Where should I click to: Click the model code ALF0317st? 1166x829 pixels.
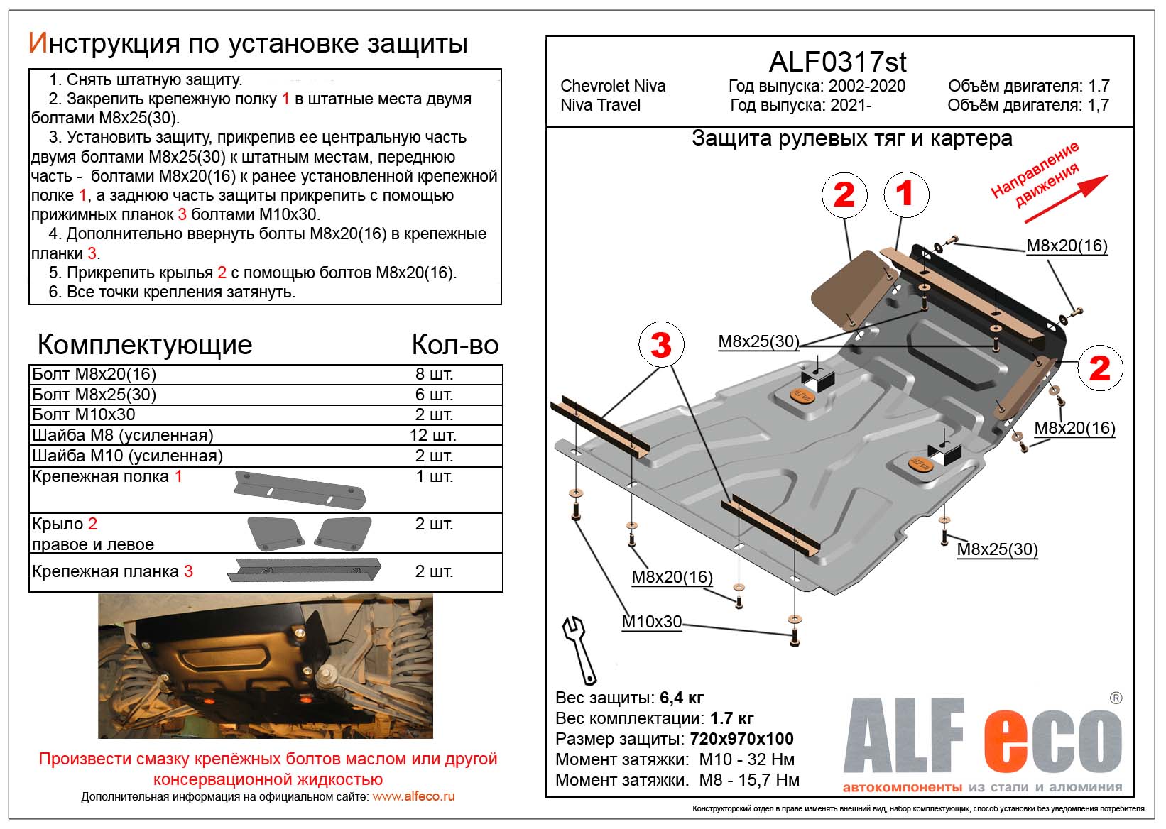837,62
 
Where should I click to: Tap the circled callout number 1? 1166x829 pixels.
905,194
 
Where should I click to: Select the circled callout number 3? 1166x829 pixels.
660,345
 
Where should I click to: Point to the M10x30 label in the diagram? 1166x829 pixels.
651,622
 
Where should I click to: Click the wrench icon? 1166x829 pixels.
579,649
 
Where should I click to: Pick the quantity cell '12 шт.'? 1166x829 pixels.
434,435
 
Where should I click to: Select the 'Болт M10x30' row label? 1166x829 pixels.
84,414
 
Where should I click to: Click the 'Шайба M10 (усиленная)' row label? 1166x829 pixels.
127,456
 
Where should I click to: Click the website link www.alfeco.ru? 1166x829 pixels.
413,796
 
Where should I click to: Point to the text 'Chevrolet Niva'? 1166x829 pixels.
613,86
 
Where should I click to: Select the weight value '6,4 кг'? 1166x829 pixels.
682,698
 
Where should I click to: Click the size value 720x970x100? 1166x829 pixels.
741,739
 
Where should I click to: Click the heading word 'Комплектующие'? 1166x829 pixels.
145,345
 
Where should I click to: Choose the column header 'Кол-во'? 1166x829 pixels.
455,345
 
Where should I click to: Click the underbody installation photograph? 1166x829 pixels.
265,666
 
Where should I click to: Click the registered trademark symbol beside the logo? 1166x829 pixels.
1116,698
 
